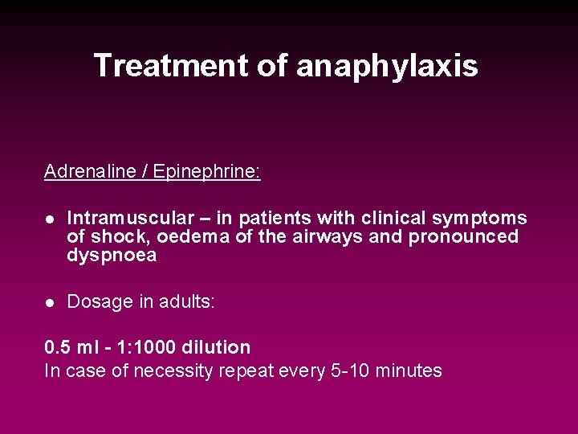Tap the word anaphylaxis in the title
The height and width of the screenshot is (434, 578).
387,66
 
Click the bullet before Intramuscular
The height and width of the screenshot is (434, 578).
49,219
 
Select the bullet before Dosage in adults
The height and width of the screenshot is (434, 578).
49,302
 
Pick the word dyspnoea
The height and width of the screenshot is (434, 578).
112,256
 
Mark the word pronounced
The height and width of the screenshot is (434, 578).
463,237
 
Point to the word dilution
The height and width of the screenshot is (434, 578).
216,348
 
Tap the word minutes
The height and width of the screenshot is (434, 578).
409,371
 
